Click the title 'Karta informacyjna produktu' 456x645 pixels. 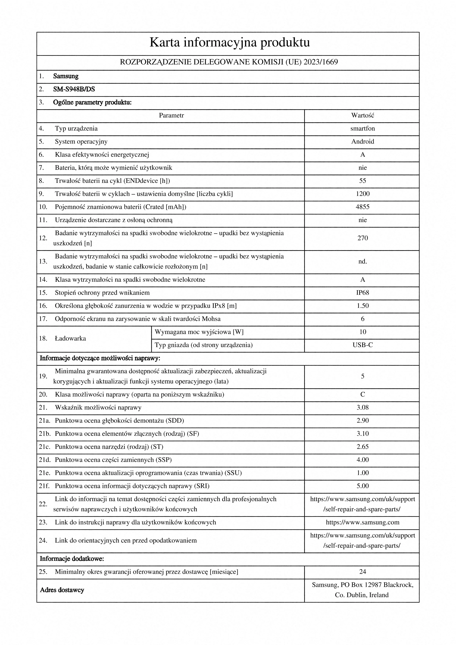tap(229, 43)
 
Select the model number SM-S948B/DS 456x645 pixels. tap(74, 89)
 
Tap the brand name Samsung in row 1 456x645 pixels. tap(66, 76)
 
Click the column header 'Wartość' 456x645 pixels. tap(362, 116)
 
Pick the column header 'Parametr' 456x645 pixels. tap(171, 116)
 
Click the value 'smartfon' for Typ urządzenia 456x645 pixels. tap(362, 129)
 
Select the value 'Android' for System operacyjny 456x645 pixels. tap(362, 142)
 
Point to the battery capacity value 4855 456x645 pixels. tap(362, 207)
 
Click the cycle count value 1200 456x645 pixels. tap(362, 194)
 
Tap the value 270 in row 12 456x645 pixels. tap(362, 238)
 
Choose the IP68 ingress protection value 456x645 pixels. tap(362, 293)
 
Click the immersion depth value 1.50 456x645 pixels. tap(362, 306)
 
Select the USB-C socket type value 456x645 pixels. tap(362, 345)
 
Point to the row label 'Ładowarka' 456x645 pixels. tap(70, 339)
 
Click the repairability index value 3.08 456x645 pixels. tap(362, 408)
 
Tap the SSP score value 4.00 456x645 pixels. tap(362, 460)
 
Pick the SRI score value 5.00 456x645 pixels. tap(362, 486)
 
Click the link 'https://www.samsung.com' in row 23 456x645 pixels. tap(362, 523)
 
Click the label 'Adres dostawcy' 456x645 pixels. tap(62, 590)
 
